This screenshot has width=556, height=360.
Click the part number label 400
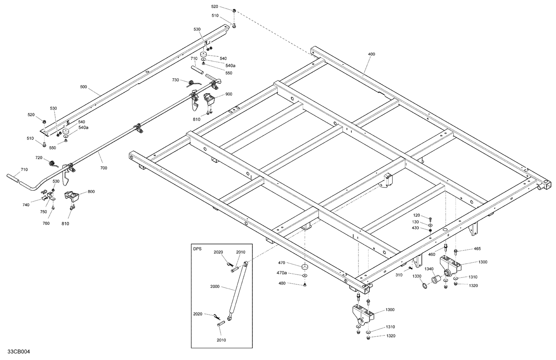[x=371, y=54]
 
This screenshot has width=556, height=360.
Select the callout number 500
[x=83, y=87]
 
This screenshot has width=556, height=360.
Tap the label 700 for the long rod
[x=103, y=168]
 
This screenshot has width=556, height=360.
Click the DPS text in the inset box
[x=198, y=249]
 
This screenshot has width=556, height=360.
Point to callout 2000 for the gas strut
[x=215, y=287]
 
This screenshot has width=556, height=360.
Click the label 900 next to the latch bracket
[x=229, y=94]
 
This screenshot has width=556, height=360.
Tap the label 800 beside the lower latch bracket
[x=91, y=192]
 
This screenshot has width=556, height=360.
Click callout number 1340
[x=429, y=269]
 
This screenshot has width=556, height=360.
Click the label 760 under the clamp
[x=46, y=223]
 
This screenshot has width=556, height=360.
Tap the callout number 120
[x=416, y=215]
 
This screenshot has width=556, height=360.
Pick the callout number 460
[x=431, y=254]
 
